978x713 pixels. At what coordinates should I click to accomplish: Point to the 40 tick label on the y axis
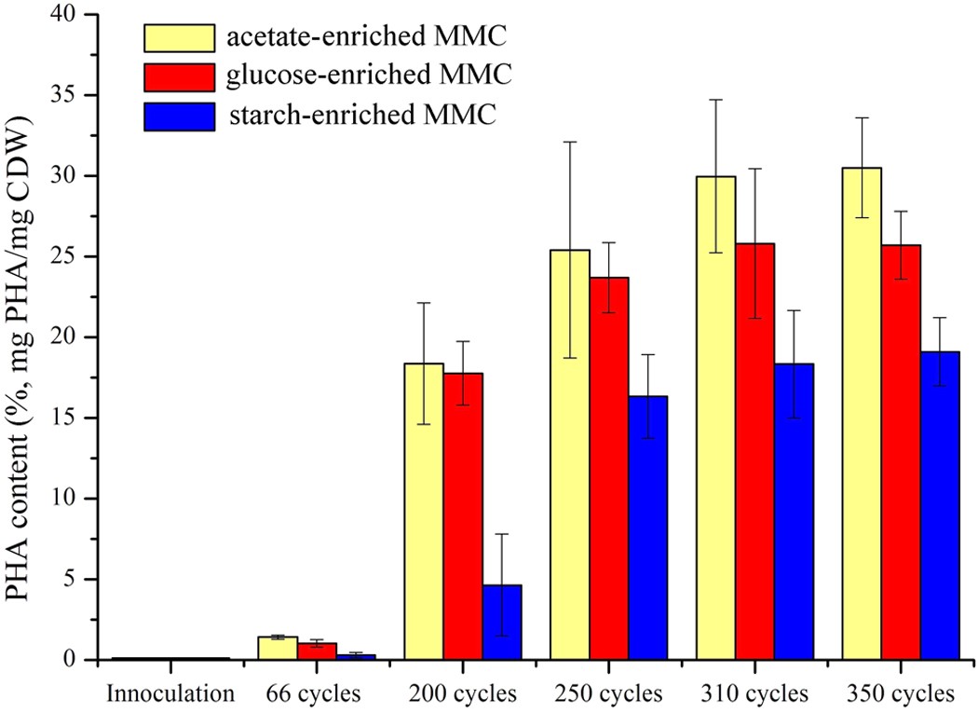coord(65,15)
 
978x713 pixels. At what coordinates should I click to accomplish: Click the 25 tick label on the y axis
coord(65,256)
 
